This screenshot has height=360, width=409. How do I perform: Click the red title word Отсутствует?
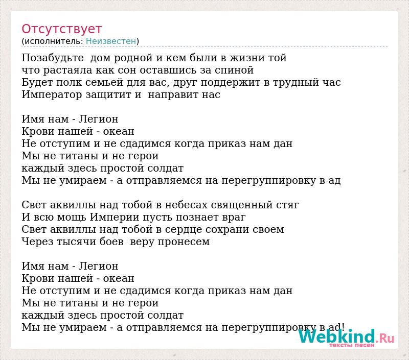(61, 29)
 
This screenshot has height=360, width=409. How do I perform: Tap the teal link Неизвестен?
(111, 41)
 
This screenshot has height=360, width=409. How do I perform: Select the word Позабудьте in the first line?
(53, 58)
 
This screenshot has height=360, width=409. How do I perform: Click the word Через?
(37, 242)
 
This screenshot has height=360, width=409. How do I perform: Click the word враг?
(234, 218)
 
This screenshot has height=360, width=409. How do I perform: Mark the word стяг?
(287, 205)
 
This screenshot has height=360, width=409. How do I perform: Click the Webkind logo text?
(337, 336)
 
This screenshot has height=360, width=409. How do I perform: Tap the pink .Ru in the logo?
(385, 339)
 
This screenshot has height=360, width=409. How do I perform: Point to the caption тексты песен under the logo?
(352, 345)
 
